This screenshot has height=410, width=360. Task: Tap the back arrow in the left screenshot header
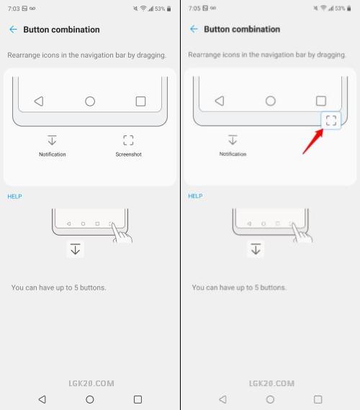(x=13, y=30)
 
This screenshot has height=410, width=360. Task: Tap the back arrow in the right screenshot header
(x=194, y=29)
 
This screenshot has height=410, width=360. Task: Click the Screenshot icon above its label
(x=128, y=141)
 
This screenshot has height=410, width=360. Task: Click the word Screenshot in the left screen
(x=129, y=154)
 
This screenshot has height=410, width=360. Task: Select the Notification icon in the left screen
(x=52, y=140)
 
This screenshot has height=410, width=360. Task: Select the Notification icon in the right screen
(x=233, y=139)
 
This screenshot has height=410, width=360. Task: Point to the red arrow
(x=313, y=141)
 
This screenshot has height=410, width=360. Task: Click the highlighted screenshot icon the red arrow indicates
(x=331, y=120)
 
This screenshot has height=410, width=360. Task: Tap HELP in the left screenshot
(x=14, y=197)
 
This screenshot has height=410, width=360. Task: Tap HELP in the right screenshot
(x=195, y=196)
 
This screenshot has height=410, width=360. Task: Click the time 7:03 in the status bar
(x=14, y=9)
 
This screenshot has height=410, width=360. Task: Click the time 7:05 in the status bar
(x=194, y=9)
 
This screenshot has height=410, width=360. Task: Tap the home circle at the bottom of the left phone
(x=90, y=399)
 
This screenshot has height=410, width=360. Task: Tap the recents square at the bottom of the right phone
(x=318, y=399)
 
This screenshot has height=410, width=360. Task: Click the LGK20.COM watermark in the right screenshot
(x=271, y=383)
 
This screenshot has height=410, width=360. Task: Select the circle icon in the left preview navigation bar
(x=90, y=101)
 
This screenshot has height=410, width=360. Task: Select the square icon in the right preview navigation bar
(x=321, y=101)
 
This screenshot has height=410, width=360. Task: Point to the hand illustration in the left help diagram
(x=122, y=233)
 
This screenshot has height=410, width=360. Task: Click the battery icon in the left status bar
(x=169, y=9)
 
